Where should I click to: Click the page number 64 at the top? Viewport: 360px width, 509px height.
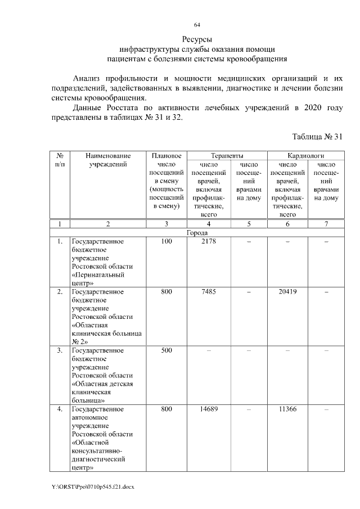pos(197,25)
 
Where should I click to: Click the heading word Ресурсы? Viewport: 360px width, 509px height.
pos(197,39)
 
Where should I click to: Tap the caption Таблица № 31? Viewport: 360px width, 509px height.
pos(317,137)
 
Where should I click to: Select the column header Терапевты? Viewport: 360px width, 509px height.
pos(227,155)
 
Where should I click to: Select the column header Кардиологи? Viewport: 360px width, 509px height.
pos(306,155)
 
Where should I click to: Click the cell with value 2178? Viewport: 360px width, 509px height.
pos(208,241)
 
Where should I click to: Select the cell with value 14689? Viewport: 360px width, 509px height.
pos(208,409)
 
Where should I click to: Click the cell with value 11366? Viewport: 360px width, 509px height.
pos(287,409)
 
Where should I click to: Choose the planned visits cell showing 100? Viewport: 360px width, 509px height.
pos(166,241)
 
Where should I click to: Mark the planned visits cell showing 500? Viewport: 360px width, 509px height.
pos(166,351)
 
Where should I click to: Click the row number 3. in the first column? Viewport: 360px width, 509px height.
pos(59,351)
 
